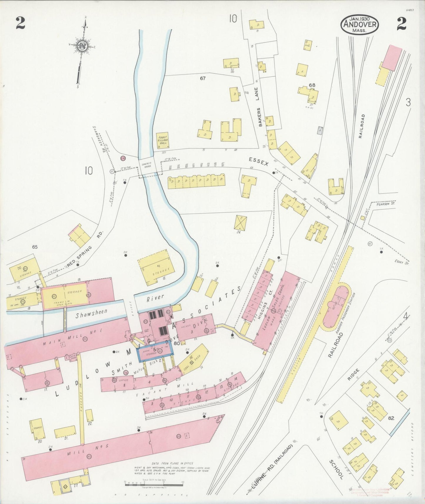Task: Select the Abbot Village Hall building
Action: [163, 140]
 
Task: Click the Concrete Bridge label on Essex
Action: [146, 166]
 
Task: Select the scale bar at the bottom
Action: [154, 482]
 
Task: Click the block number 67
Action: [202, 78]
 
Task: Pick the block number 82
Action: [391, 418]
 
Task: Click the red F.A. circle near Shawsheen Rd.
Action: [123, 158]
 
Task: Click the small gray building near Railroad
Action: [320, 130]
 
